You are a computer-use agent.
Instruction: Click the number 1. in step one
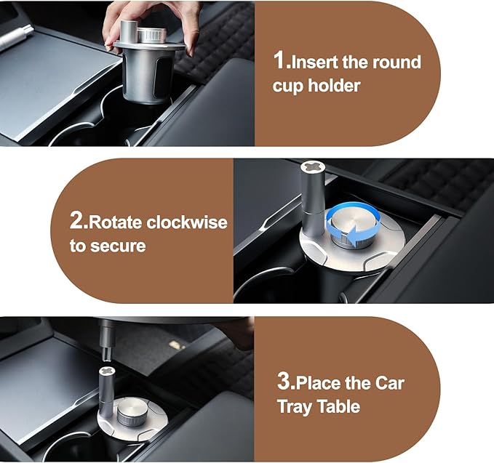(x=281, y=62)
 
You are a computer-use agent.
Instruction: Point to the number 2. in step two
(x=79, y=222)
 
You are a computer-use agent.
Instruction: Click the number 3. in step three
(x=285, y=382)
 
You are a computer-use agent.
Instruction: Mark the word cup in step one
(x=287, y=86)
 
